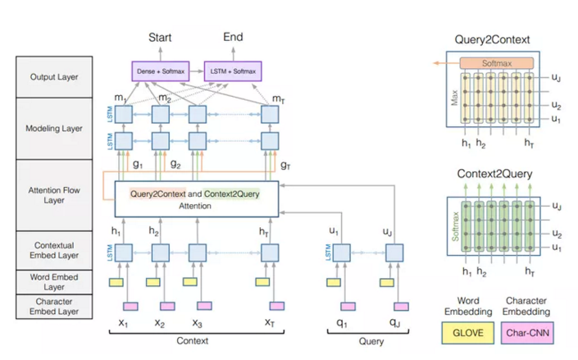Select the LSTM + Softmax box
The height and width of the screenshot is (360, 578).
click(x=230, y=71)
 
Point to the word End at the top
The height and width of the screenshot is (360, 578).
click(x=233, y=37)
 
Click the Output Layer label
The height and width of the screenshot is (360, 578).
click(x=55, y=78)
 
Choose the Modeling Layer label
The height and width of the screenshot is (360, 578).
click(x=55, y=128)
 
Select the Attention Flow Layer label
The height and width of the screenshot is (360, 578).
click(x=55, y=194)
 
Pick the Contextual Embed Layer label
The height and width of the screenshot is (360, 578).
click(x=55, y=250)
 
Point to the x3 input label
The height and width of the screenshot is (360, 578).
click(x=198, y=322)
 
